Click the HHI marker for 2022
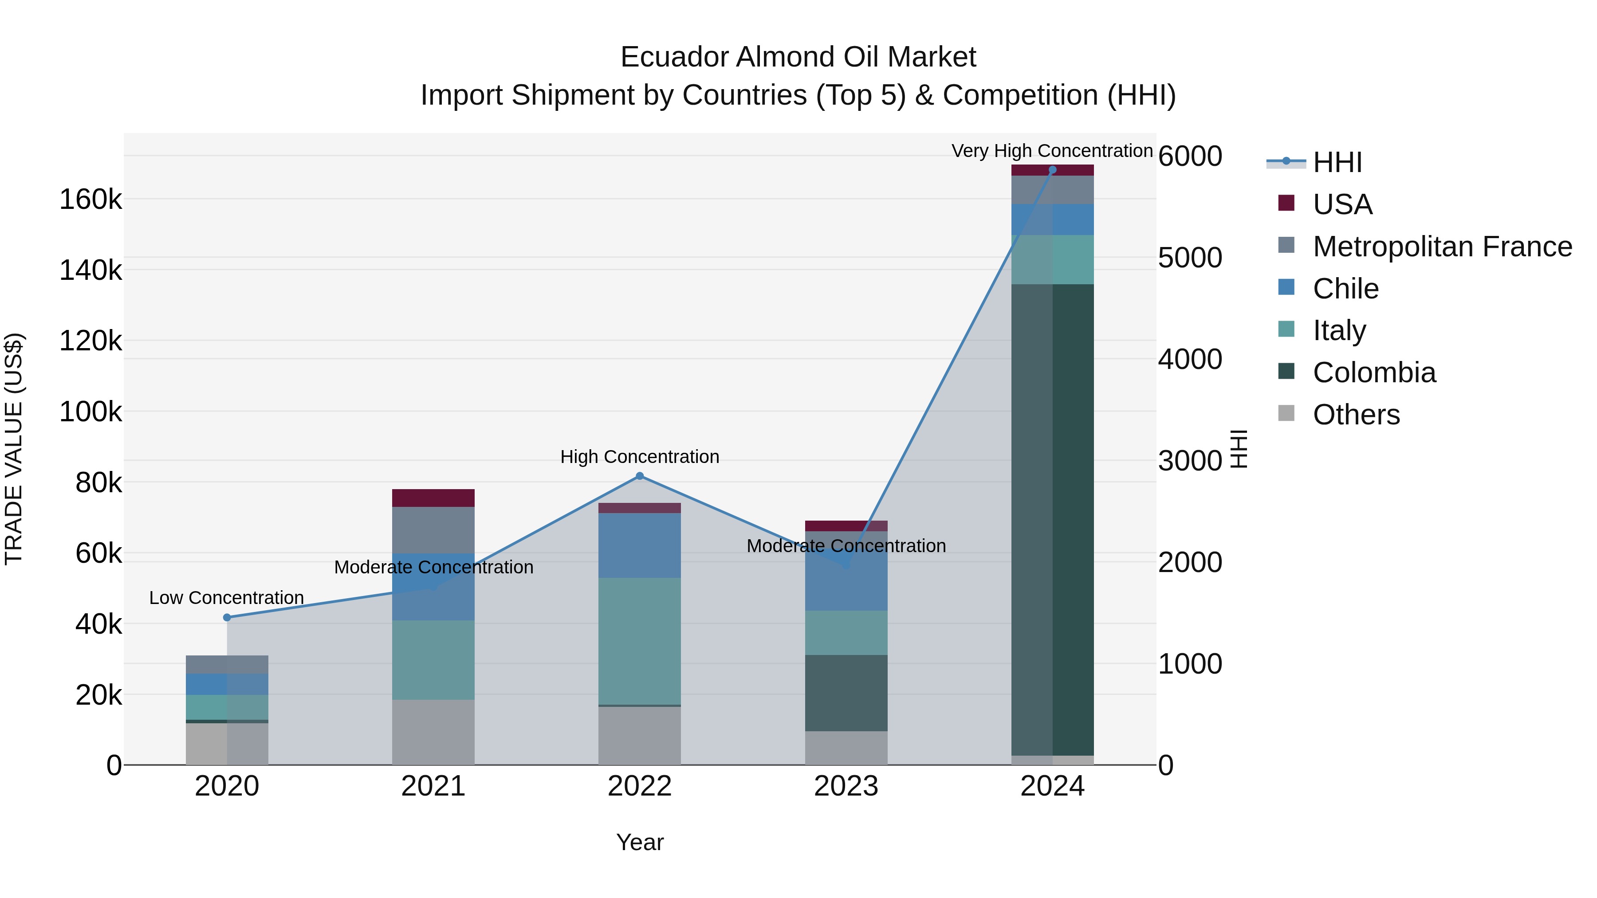pos(640,476)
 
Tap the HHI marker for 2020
pos(227,617)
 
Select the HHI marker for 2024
pos(1052,170)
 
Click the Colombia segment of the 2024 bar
pos(1052,519)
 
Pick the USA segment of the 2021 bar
pos(433,498)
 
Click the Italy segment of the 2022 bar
pos(640,641)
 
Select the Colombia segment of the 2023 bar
pos(846,693)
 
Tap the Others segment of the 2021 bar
pos(433,732)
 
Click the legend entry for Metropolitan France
pos(1442,247)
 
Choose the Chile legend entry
pos(1345,289)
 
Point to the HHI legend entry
pos(1337,162)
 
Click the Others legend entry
pos(1356,415)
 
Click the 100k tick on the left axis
pos(90,412)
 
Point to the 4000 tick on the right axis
pos(1190,360)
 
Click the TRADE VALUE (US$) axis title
pos(14,449)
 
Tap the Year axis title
pos(640,842)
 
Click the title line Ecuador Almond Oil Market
pos(798,57)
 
